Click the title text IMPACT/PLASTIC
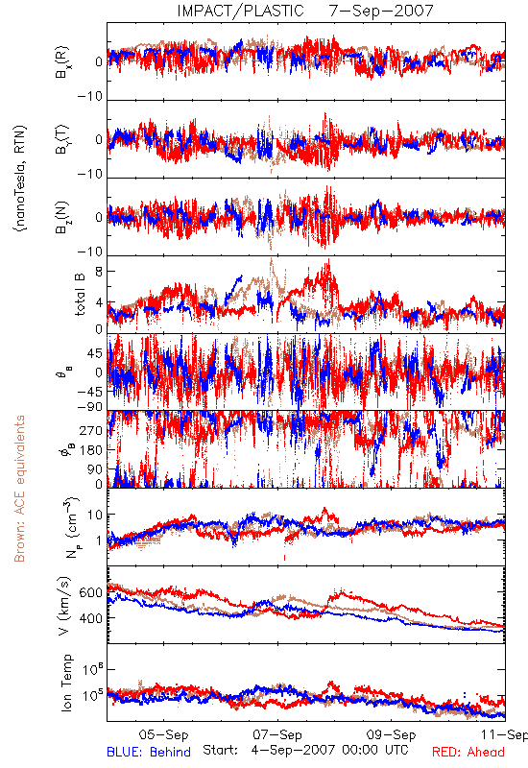point(241,11)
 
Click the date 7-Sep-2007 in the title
point(381,11)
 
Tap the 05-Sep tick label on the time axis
point(163,734)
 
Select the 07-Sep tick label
point(277,734)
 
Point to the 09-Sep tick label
point(391,734)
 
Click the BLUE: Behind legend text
point(149,752)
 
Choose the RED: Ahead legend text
point(468,752)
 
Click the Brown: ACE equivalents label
point(19,489)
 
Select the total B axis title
point(80,295)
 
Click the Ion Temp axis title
point(66,683)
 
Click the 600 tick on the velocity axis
point(90,592)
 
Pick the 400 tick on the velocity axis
point(90,618)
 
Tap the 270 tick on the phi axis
point(91,430)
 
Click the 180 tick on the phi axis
point(91,450)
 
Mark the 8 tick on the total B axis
point(99,272)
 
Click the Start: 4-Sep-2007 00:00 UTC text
point(305,750)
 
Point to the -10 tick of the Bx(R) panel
point(90,96)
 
